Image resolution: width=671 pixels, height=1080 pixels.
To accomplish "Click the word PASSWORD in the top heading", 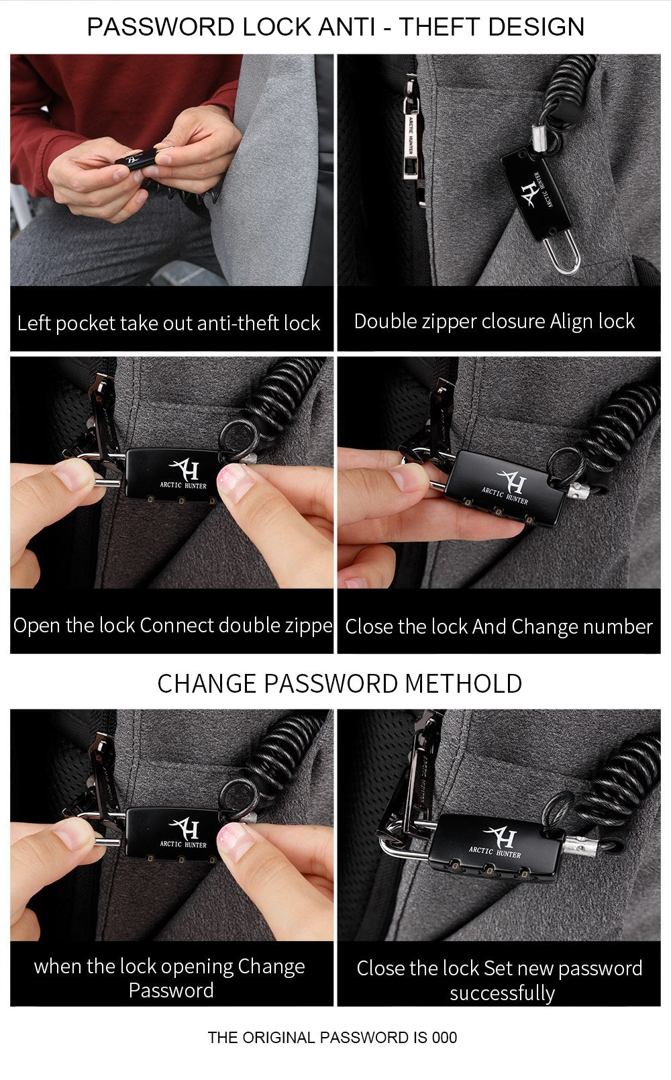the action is (x=162, y=27).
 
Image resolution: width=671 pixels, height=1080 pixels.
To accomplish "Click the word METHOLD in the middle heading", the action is (x=463, y=684).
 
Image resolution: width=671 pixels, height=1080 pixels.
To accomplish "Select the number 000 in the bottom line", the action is (x=444, y=1038).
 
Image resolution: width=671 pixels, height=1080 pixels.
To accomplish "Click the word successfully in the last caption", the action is (x=503, y=993).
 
